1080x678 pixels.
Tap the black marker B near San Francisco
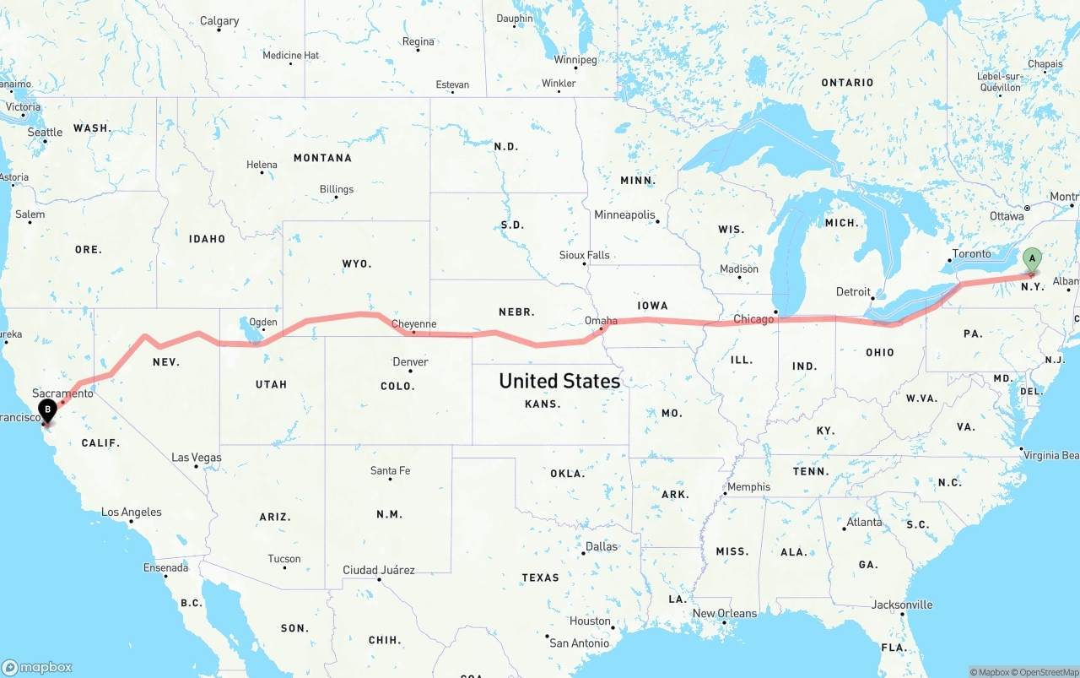[48, 410]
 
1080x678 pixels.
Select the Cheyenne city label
[413, 323]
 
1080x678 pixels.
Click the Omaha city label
[601, 321]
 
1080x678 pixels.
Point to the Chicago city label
[753, 319]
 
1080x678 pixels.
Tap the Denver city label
[410, 362]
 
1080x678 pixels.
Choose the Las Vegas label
[197, 458]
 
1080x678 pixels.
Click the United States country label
[559, 381]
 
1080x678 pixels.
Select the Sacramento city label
[62, 393]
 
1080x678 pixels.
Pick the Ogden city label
[262, 322]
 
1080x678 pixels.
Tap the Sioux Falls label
[584, 255]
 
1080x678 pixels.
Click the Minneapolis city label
[624, 215]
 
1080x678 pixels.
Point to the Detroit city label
[853, 292]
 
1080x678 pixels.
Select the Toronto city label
[971, 254]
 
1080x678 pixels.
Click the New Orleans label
[724, 613]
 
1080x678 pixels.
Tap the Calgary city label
[219, 21]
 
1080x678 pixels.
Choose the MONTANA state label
[322, 158]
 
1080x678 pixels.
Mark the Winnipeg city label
[575, 60]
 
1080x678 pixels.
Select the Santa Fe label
[390, 470]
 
